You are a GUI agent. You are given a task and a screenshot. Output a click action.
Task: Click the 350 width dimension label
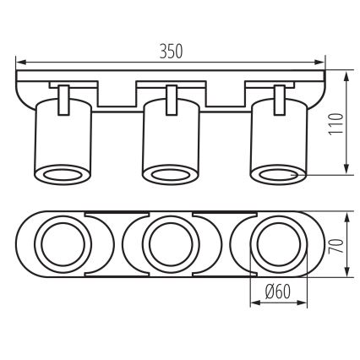pos(172,50)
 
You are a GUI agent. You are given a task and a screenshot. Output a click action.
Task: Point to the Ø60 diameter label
pos(279,292)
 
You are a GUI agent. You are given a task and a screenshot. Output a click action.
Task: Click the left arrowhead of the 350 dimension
pos(20,62)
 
